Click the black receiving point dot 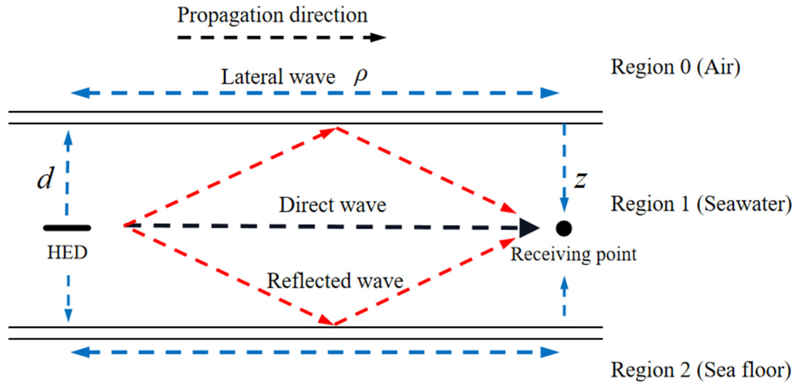564,228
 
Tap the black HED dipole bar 67,228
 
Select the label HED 67,252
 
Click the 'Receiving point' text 573,254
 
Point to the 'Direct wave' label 332,205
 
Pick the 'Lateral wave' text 278,77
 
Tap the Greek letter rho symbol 361,76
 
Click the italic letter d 46,178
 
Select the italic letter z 580,180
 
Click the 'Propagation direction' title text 272,15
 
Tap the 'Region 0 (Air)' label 676,67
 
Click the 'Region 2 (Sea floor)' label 701,370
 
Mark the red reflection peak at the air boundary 336,128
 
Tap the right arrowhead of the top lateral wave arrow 549,93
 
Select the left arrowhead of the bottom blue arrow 80,352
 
